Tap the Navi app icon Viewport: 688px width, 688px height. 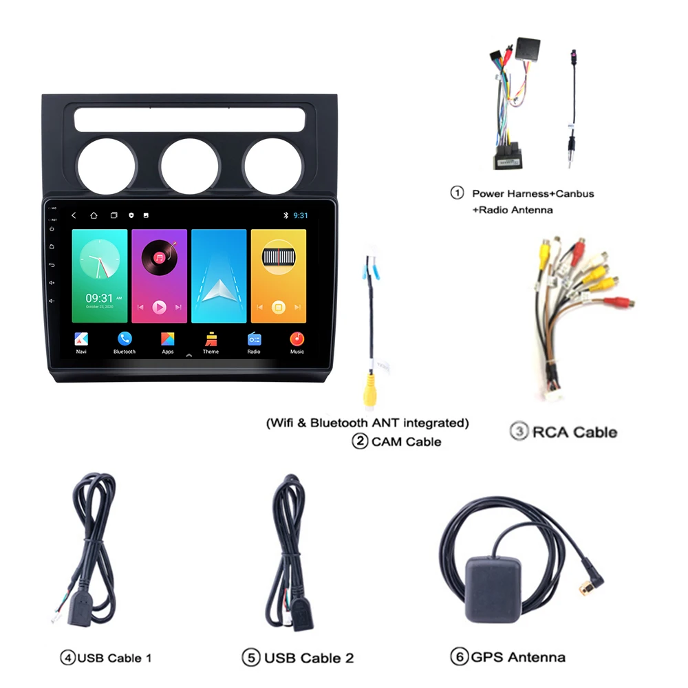click(x=81, y=339)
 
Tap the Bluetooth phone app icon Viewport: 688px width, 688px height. click(x=125, y=339)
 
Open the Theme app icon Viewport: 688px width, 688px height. click(x=211, y=339)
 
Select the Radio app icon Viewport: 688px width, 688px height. click(x=254, y=339)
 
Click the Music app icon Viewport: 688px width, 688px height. click(x=297, y=339)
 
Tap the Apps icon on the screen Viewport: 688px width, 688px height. click(x=168, y=339)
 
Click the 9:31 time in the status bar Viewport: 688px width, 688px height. click(x=301, y=215)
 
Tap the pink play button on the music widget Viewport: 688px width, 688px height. click(x=159, y=307)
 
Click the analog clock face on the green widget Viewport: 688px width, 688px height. click(x=99, y=260)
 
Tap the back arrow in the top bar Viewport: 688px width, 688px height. click(x=74, y=215)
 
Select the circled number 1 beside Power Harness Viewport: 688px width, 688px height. click(x=457, y=193)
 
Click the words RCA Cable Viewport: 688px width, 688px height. click(x=574, y=432)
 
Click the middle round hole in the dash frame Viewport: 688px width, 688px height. click(x=189, y=166)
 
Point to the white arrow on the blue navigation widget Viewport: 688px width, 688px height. click(x=219, y=289)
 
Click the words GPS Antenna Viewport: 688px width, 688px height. click(x=517, y=657)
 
